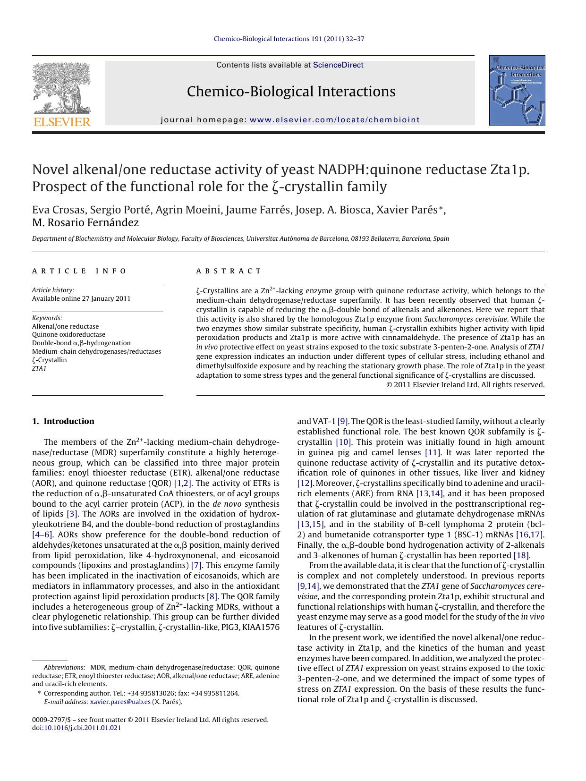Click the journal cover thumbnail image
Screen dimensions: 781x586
pos(517,91)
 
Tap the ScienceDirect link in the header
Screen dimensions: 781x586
pos(338,65)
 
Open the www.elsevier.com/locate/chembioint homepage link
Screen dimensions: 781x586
pos(334,120)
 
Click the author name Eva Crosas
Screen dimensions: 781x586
pos(52,210)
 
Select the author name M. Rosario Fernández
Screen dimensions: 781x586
pos(85,223)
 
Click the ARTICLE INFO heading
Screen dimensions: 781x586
pos(79,271)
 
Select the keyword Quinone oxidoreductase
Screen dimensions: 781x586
pos(68,335)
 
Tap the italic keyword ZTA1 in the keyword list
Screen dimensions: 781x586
pos(39,368)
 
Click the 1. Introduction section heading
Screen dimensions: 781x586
pos(63,421)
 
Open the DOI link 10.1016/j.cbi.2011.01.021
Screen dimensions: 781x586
pos(82,728)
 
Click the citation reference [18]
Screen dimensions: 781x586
pos(521,555)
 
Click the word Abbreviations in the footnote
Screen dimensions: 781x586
pos(64,667)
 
